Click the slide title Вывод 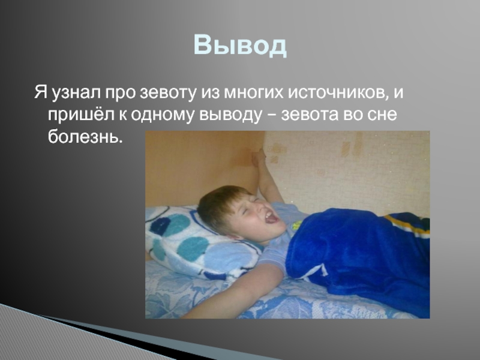pos(240,46)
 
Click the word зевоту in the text pos(167,92)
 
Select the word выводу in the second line pos(231,115)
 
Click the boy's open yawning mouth pos(272,217)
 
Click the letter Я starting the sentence pos(40,92)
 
